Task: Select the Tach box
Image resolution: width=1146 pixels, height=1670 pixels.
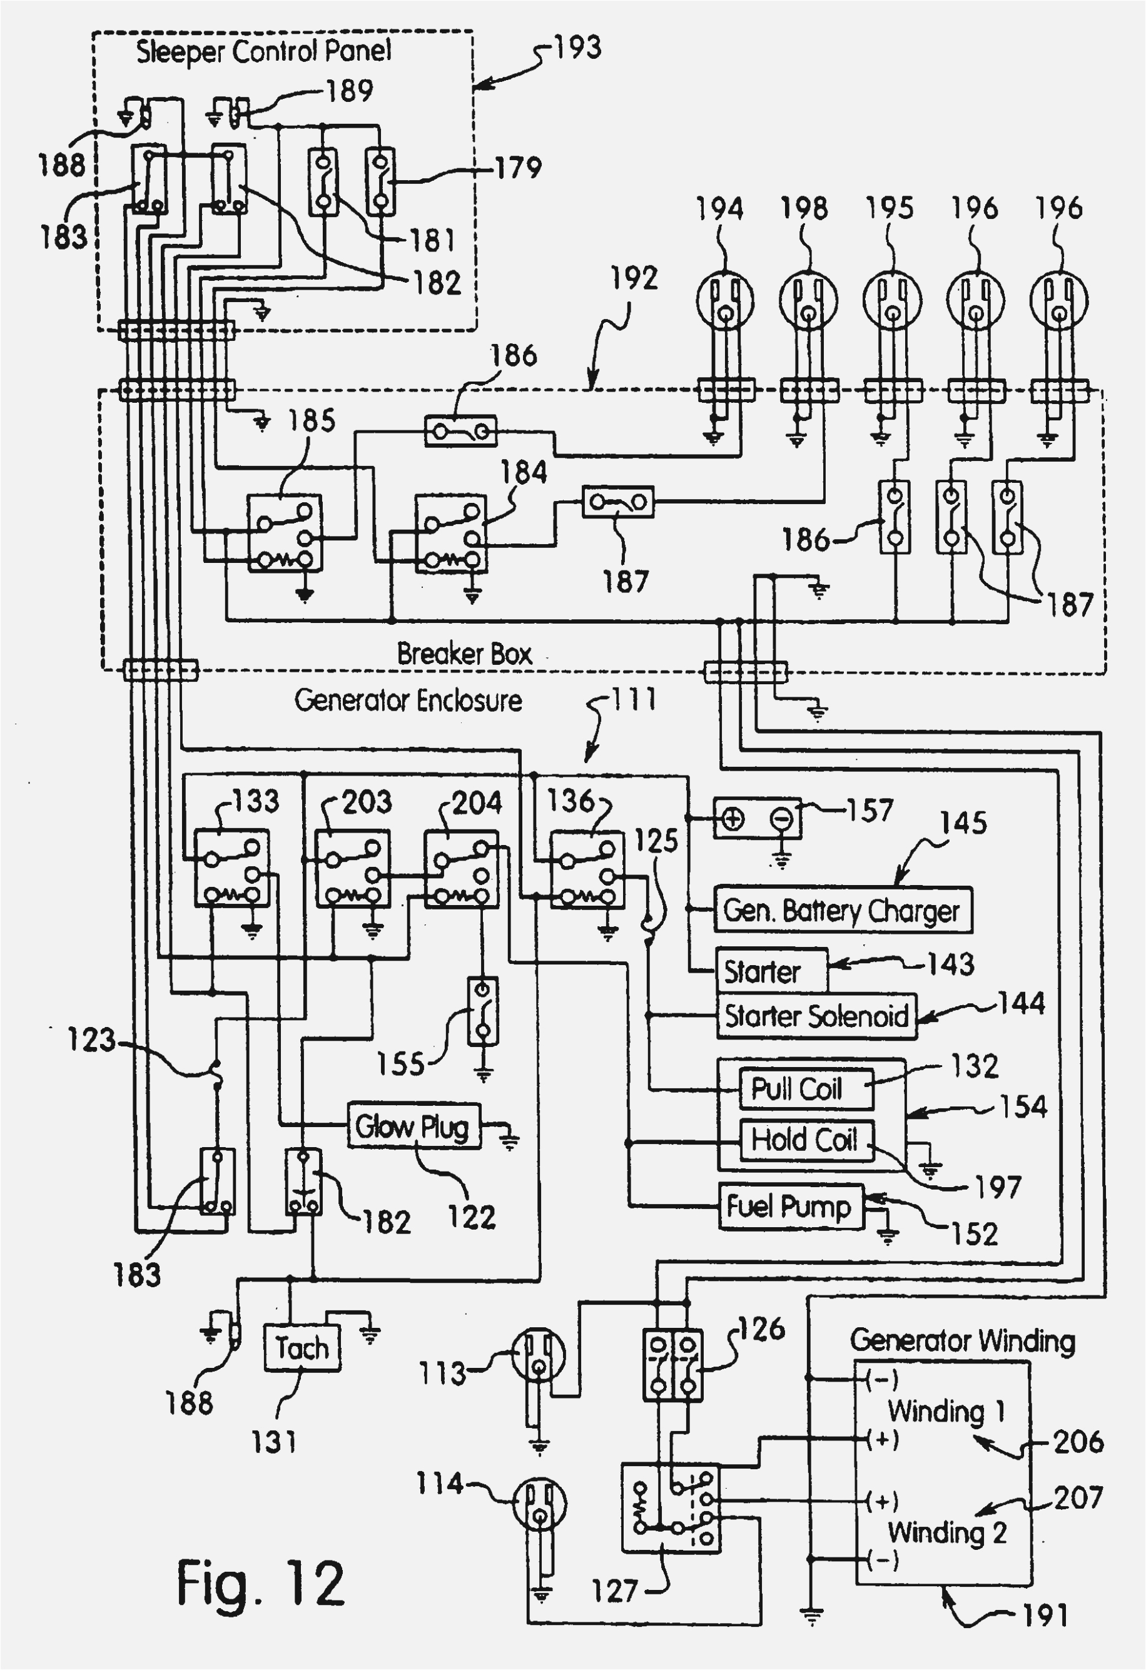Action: coord(302,1348)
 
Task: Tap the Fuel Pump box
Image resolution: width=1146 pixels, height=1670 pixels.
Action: coord(790,1207)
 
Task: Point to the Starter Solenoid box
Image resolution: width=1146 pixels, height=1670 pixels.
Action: coord(816,1016)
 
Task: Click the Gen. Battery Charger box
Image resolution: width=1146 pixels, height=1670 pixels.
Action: coord(842,911)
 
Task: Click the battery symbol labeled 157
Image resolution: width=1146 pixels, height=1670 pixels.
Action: coord(756,819)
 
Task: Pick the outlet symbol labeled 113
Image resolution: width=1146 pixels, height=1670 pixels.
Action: coord(538,1355)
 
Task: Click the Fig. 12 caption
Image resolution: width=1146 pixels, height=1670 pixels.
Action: coord(260,1584)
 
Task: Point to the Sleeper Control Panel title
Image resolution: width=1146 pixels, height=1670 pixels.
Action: coord(264,52)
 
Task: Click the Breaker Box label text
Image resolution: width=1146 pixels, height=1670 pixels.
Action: coord(464,654)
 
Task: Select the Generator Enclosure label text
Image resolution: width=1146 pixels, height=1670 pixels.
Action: coord(408,700)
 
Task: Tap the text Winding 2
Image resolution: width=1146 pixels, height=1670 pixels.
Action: coord(946,1533)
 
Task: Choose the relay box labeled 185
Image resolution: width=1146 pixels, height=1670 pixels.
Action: coord(285,532)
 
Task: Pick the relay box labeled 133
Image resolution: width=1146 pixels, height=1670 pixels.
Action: coord(231,868)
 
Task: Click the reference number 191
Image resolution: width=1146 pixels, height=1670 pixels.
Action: coord(1045,1616)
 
